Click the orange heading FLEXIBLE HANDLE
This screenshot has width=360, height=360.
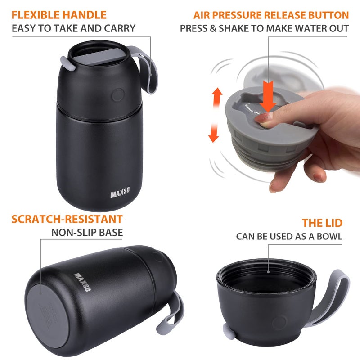(x=59, y=15)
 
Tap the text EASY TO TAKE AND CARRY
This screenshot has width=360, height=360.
(x=73, y=28)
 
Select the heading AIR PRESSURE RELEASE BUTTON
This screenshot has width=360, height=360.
(x=271, y=15)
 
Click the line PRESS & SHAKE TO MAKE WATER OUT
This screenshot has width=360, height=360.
(x=264, y=28)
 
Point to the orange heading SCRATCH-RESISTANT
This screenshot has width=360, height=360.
(x=67, y=219)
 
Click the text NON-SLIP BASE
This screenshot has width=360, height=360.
(x=87, y=233)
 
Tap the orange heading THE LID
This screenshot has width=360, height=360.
(x=322, y=223)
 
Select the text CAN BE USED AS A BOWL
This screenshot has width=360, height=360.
(x=289, y=236)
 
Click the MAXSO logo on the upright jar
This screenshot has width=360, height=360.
(x=120, y=194)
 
